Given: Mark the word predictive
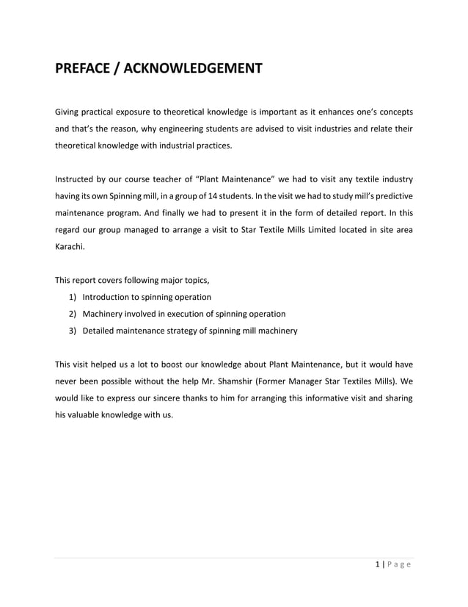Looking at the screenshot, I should click(390, 196).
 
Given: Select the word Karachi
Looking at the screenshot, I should click(70, 247).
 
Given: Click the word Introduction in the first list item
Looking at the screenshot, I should click(109, 298).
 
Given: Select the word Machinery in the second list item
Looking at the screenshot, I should click(103, 315).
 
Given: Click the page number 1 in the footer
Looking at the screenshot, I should click(377, 564).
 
